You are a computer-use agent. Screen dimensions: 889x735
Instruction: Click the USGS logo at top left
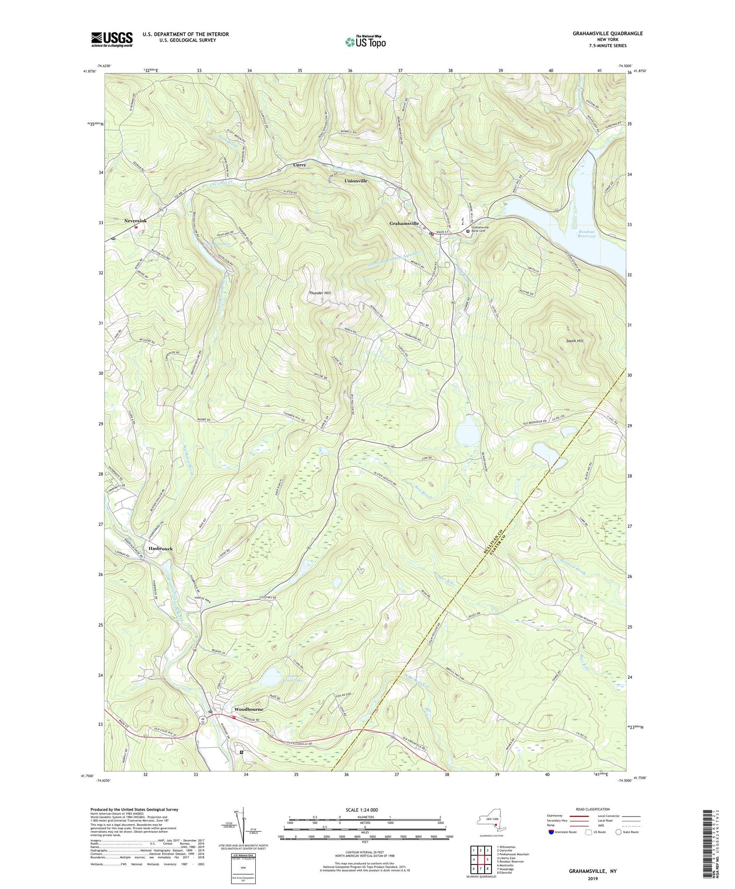click(112, 39)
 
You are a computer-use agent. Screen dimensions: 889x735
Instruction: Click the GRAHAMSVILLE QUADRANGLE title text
click(608, 33)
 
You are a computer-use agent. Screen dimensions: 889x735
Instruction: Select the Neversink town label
click(135, 221)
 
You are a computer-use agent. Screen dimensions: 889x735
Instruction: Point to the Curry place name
click(299, 165)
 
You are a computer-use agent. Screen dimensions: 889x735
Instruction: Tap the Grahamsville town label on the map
click(404, 224)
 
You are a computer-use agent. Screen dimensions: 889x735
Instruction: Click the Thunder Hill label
click(320, 293)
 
